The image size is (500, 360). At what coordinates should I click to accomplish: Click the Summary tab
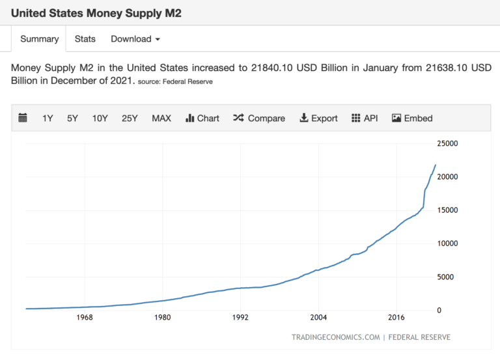[x=39, y=39]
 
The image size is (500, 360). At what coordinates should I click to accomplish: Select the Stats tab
[x=85, y=39]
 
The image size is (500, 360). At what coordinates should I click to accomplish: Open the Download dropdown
[x=135, y=39]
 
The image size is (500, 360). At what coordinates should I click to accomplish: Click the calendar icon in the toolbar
[x=23, y=118]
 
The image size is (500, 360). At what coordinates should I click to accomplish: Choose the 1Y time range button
[x=48, y=118]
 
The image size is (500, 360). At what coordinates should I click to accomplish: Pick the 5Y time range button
[x=72, y=118]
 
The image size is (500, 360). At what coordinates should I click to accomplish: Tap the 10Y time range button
[x=100, y=118]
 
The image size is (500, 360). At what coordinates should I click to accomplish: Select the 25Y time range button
[x=130, y=118]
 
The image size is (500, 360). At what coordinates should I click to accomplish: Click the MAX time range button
[x=161, y=118]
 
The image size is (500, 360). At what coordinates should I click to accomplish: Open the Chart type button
[x=202, y=118]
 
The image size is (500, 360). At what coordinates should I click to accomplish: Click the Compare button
[x=259, y=118]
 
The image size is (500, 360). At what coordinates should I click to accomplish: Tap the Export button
[x=318, y=118]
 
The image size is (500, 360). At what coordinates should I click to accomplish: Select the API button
[x=365, y=118]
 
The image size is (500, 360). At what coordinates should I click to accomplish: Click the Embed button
[x=412, y=118]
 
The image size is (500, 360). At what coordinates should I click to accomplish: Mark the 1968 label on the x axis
[x=84, y=318]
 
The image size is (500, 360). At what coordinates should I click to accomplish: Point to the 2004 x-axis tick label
[x=318, y=318]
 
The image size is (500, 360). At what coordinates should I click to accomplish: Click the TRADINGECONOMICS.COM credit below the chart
[x=335, y=337]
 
